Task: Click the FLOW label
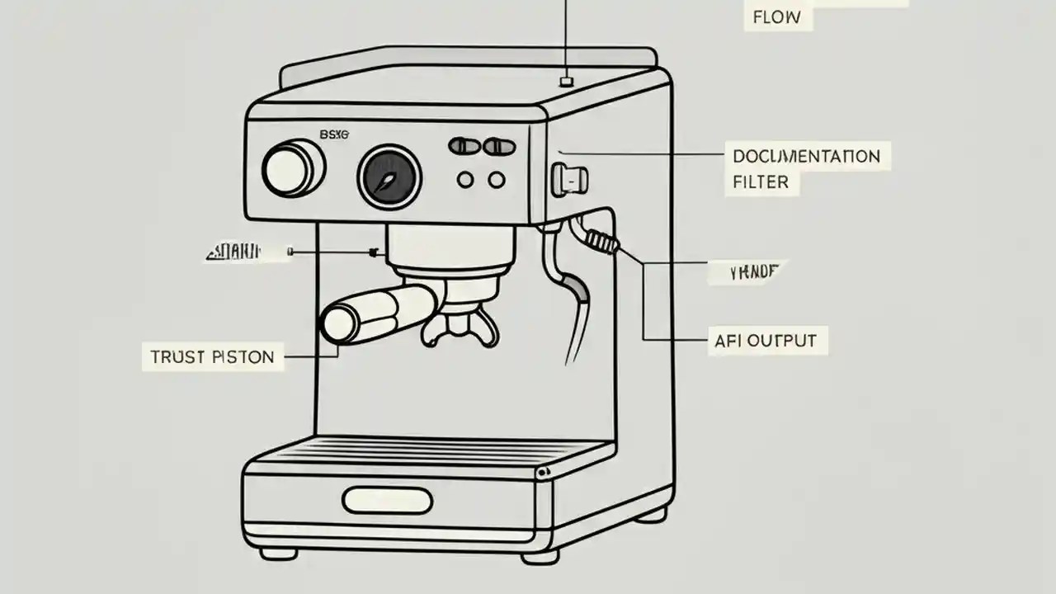click(777, 16)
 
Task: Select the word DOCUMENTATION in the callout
click(806, 156)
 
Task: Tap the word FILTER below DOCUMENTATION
click(761, 182)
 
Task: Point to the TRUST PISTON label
click(212, 357)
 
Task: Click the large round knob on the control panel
click(292, 169)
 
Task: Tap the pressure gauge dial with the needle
click(389, 177)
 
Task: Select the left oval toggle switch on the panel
click(464, 147)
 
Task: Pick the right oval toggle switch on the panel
click(499, 147)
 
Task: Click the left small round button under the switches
click(465, 179)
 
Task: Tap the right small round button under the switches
click(497, 179)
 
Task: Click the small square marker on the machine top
click(566, 80)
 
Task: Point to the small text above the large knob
click(334, 134)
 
